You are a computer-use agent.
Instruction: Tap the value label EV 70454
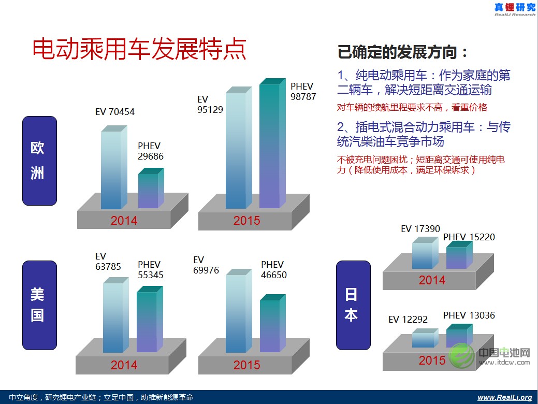(x=115, y=111)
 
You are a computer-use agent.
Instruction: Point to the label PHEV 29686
(x=151, y=151)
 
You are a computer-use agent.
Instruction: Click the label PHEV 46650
(x=274, y=270)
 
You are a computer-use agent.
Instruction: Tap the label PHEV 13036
(x=469, y=315)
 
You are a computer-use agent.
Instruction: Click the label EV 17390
(x=420, y=228)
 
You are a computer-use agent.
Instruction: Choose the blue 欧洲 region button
(x=39, y=161)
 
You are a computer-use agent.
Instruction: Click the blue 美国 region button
(x=39, y=305)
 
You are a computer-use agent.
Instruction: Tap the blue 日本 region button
(x=353, y=305)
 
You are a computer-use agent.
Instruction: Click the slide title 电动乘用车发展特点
(x=139, y=50)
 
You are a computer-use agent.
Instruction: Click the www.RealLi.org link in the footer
(x=504, y=397)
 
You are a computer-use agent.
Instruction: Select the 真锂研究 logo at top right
(x=514, y=8)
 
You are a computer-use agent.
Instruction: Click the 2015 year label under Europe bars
(x=246, y=220)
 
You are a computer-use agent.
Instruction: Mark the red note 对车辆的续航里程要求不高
(x=412, y=108)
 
